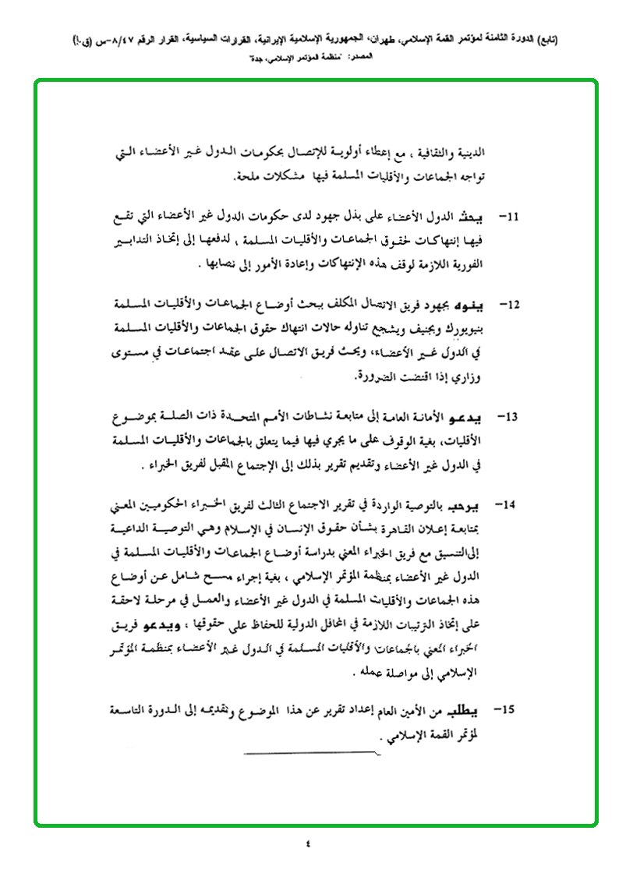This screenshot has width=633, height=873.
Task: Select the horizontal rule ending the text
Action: [x=312, y=755]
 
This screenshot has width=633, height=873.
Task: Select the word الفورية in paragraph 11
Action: [x=476, y=263]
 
